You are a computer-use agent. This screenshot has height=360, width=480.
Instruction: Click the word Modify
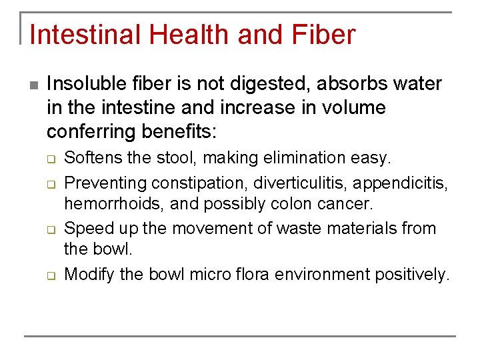point(90,274)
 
